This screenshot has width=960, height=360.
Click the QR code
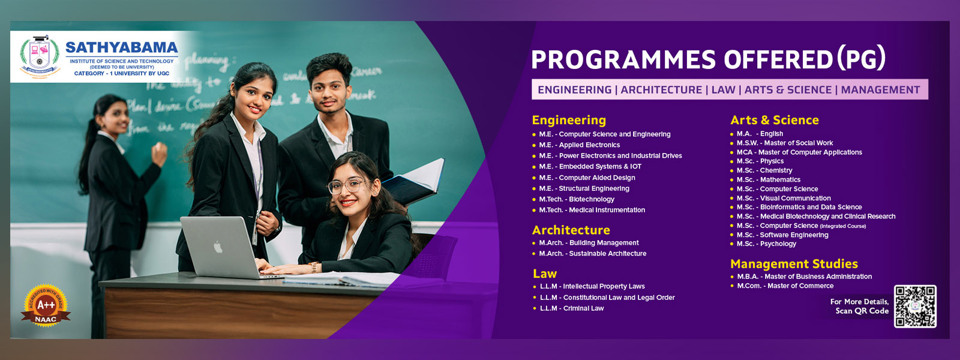tap(915, 306)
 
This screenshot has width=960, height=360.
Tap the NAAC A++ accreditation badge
tap(46, 306)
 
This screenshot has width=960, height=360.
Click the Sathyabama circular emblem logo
tap(40, 56)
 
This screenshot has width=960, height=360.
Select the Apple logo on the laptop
tap(218, 247)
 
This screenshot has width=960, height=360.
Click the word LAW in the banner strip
tap(723, 90)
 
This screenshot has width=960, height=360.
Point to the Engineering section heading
tap(569, 120)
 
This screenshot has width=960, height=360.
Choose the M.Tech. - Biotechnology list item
tap(577, 199)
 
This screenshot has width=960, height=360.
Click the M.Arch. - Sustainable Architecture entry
tap(592, 254)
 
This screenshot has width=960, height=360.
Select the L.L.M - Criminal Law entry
tap(571, 308)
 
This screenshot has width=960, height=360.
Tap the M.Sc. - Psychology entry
tap(766, 244)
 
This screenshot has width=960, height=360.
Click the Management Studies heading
tap(794, 264)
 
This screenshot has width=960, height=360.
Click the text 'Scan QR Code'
tap(862, 311)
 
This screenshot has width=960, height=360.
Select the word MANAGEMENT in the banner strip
tap(880, 90)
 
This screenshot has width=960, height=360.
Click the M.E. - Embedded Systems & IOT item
tap(590, 167)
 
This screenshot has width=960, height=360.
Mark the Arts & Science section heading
tap(774, 120)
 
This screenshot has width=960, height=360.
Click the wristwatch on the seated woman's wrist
tap(313, 267)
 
